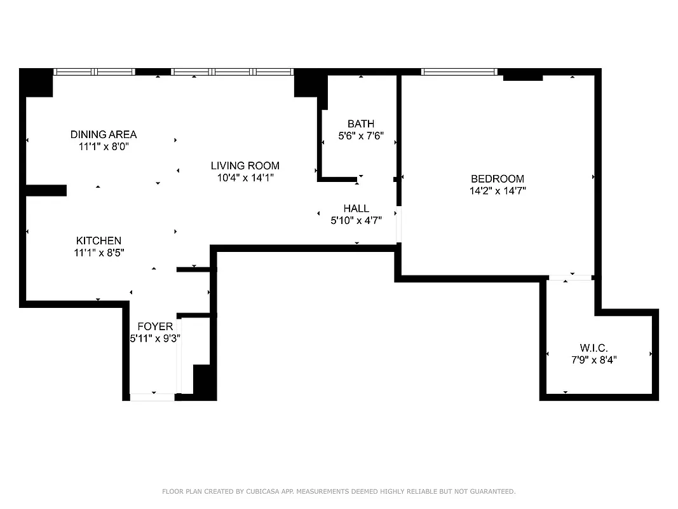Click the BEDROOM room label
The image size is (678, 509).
pos(497,179)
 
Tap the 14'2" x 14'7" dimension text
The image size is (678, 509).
pos(497,190)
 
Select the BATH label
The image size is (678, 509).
pos(360,123)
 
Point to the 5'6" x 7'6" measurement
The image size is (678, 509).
pos(360,136)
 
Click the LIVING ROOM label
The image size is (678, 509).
pos(245,165)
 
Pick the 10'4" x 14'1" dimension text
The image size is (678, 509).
pos(245,178)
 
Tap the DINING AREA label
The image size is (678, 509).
pos(104,134)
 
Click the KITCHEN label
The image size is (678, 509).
pos(98,241)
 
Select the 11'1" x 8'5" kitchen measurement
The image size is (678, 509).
pos(98,253)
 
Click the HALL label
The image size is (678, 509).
pos(356,208)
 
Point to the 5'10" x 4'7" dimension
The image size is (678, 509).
pos(356,220)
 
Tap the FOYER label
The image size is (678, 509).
pos(155,326)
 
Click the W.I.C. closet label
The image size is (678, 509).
pos(593,348)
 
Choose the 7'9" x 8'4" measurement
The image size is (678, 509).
pos(593,359)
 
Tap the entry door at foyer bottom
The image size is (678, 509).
pos(152,397)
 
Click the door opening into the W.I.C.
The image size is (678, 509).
pos(570,278)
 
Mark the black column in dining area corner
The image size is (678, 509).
pos(37,83)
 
